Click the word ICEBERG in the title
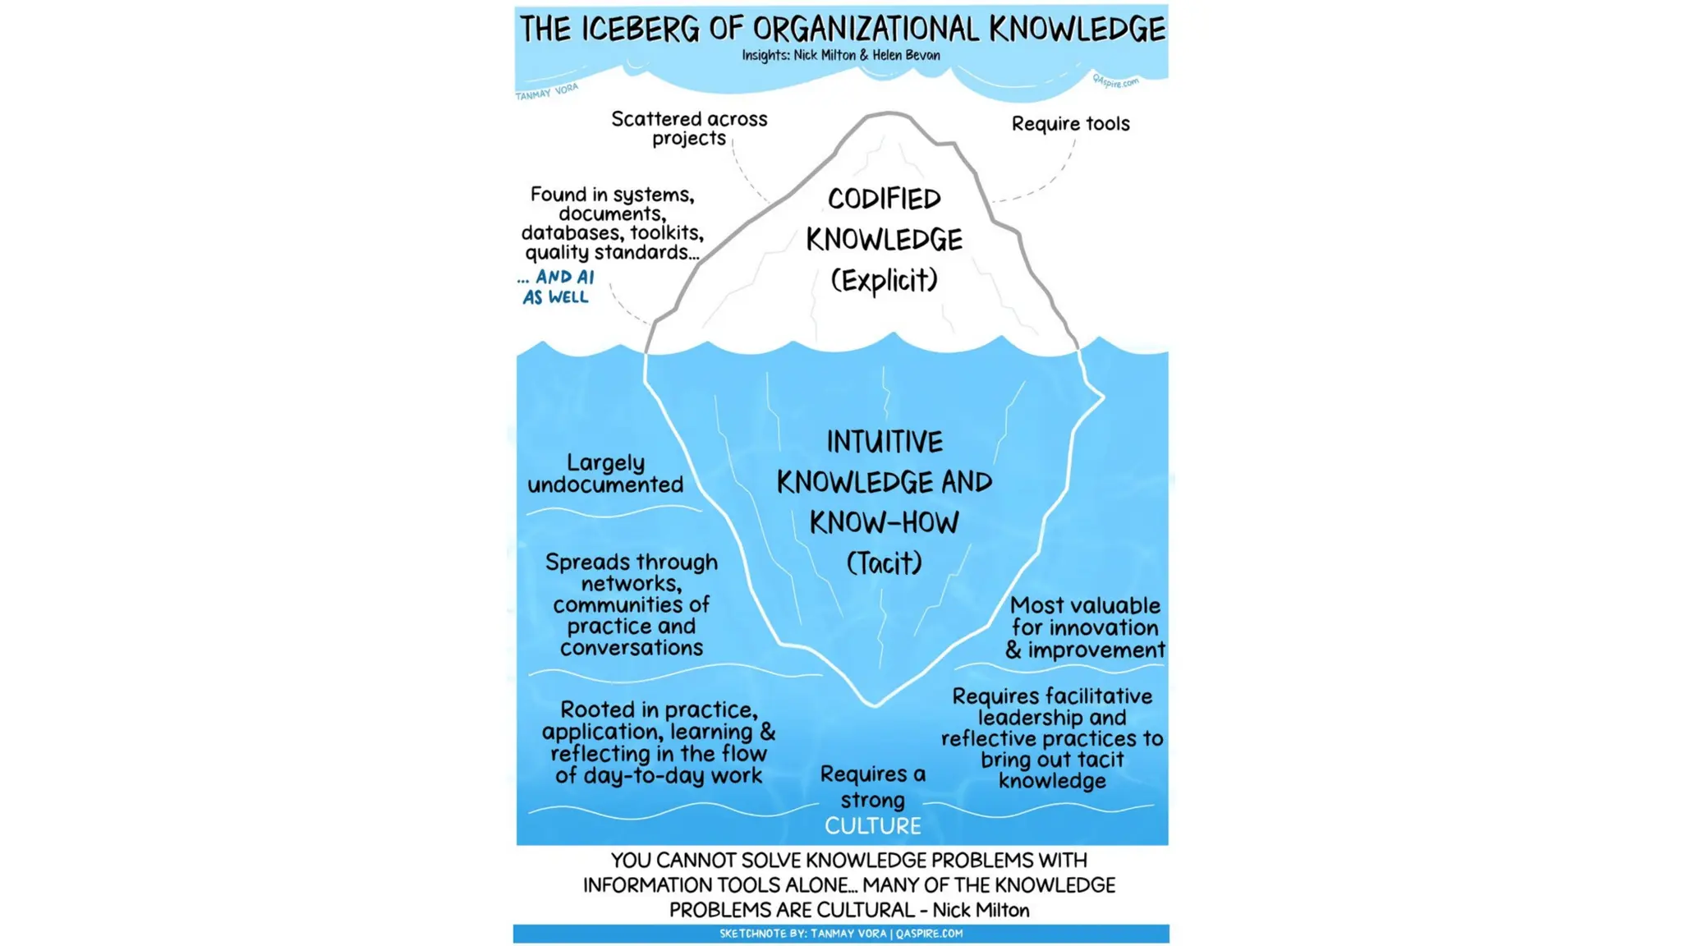(x=640, y=29)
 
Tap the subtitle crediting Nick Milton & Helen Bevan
(x=841, y=55)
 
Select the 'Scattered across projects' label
(x=689, y=129)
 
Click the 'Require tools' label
(x=1070, y=124)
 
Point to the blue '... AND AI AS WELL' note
(x=556, y=287)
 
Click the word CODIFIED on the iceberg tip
(x=884, y=199)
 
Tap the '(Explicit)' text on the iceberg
(x=884, y=280)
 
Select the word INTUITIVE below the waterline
(x=884, y=442)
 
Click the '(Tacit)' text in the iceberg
(x=884, y=563)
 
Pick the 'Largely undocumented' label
(x=605, y=474)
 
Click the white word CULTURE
(x=872, y=826)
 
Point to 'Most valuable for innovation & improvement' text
(x=1084, y=628)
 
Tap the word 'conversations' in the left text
(x=631, y=648)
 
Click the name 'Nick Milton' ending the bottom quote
(x=981, y=910)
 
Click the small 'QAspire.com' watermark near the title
(x=1115, y=82)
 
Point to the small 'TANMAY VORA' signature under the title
(x=547, y=91)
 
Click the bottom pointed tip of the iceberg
(x=874, y=704)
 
